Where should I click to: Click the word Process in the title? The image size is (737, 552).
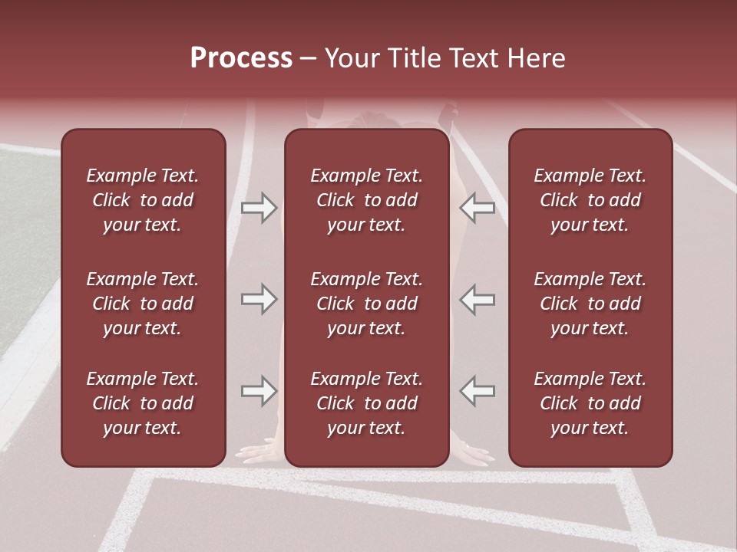coord(241,58)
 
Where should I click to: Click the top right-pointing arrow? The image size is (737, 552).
coord(259,208)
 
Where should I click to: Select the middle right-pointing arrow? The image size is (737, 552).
coord(259,299)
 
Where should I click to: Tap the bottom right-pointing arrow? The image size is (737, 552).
coord(259,391)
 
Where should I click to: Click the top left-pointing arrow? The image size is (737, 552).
coord(477,208)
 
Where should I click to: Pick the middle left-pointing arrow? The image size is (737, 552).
coord(477,299)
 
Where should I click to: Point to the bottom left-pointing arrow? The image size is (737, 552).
coord(477,391)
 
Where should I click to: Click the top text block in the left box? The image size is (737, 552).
coord(143,200)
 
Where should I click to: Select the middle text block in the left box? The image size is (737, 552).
coord(143,304)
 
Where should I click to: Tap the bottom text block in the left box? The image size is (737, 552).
coord(143,403)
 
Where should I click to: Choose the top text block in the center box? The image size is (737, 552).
coord(367,200)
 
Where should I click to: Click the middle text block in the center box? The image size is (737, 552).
coord(367,304)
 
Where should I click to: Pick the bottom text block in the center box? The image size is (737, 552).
coord(367,403)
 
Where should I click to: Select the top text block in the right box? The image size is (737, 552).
coord(590,200)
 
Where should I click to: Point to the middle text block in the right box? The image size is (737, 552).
coord(590,304)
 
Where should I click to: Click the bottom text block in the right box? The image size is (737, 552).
coord(590,403)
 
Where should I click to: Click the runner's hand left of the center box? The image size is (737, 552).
coord(261,452)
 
